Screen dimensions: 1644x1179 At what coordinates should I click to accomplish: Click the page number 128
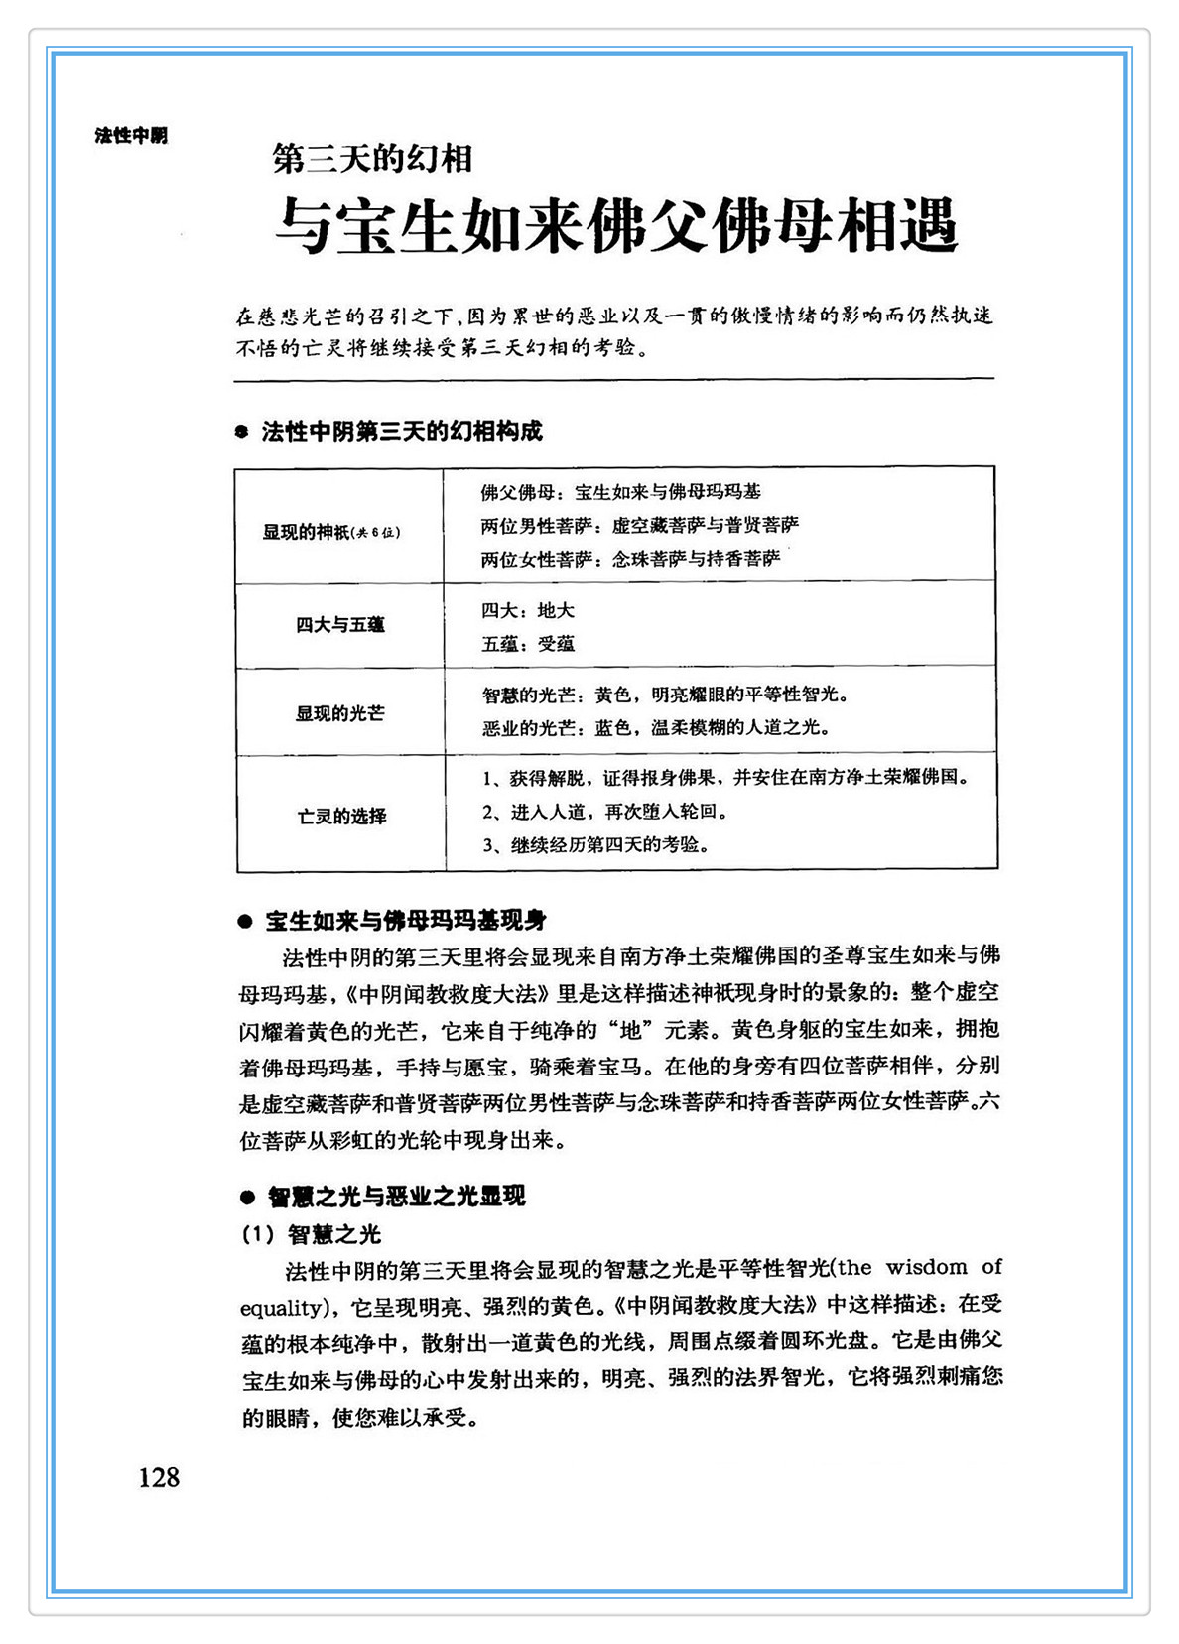click(159, 1478)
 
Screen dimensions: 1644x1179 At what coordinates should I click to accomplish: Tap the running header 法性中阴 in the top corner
click(131, 135)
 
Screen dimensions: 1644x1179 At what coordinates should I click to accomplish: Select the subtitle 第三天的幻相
click(372, 159)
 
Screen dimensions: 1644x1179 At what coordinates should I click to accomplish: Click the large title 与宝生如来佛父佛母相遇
click(615, 226)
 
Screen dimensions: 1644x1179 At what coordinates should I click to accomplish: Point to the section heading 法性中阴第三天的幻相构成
click(401, 432)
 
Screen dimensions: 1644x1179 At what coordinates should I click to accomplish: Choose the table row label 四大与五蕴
click(339, 625)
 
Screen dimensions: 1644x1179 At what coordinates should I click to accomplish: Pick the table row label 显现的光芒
click(339, 713)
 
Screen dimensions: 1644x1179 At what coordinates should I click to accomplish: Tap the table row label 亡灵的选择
click(341, 817)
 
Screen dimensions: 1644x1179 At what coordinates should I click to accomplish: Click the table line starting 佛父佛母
click(621, 492)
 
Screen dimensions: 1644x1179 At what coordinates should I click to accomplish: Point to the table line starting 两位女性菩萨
click(630, 559)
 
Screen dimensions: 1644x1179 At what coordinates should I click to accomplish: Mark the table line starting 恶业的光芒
click(655, 728)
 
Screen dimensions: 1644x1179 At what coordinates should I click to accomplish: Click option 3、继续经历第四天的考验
click(595, 845)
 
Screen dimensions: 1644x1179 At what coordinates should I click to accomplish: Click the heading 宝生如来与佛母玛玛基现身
click(406, 921)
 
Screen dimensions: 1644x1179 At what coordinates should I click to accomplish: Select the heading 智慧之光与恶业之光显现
click(396, 1197)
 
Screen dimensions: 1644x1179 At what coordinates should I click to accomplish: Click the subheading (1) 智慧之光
click(312, 1234)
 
